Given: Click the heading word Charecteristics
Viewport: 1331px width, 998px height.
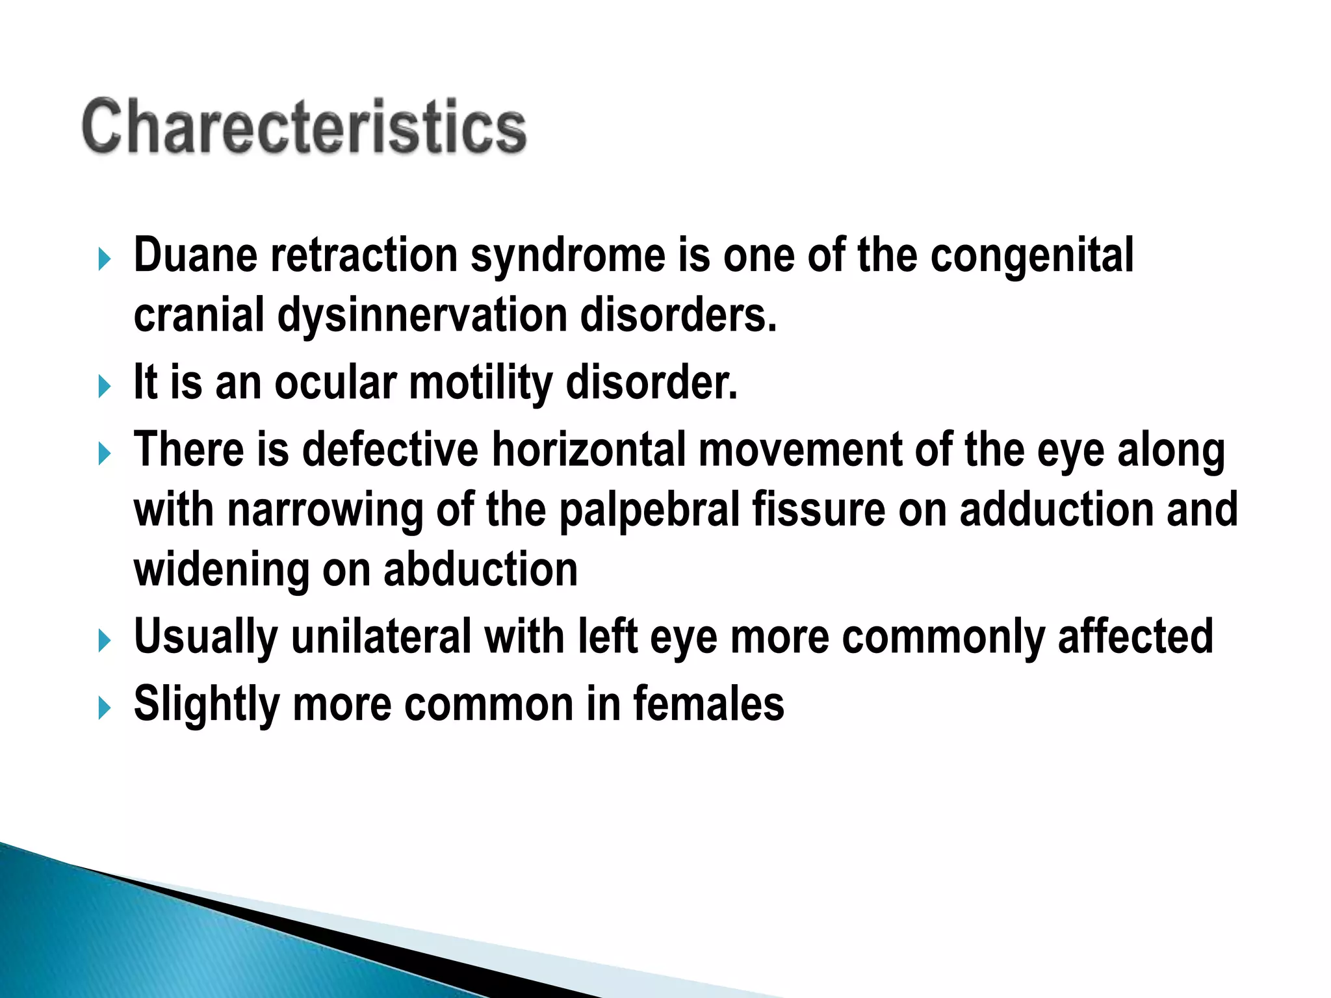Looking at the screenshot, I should click(304, 127).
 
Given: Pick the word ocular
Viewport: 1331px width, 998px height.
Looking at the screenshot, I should click(335, 383).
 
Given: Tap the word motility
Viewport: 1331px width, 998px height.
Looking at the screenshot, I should click(480, 383).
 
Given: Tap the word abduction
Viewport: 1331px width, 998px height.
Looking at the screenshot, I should click(480, 570).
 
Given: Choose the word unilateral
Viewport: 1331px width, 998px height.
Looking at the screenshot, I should click(381, 637).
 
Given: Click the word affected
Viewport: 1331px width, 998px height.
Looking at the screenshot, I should click(1135, 637).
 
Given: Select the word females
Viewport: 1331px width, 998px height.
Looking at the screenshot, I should click(708, 704).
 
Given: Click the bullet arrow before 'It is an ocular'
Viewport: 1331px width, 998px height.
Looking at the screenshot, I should click(105, 387).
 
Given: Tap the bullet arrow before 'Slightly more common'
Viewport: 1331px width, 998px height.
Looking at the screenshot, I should click(105, 708).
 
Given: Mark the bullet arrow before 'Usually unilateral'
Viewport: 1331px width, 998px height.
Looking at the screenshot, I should click(105, 641).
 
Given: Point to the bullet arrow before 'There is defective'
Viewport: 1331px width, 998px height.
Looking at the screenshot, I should click(105, 454).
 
